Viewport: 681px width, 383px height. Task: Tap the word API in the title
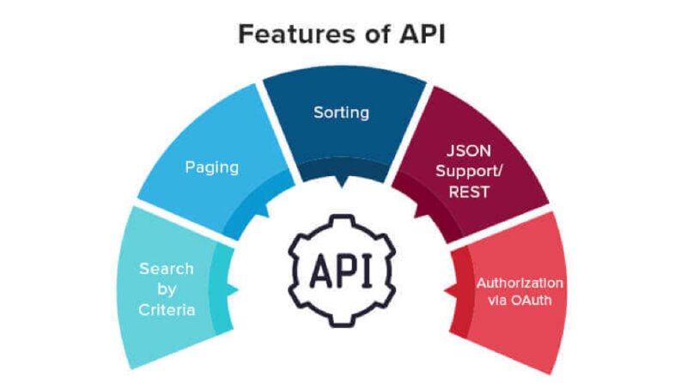coord(423,33)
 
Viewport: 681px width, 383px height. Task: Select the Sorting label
coord(342,112)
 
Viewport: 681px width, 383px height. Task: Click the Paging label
coord(212,167)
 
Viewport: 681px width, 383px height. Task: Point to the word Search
coord(167,269)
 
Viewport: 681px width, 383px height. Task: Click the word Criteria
coord(167,310)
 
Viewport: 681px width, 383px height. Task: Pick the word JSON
coord(469,150)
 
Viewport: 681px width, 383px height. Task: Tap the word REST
coord(469,191)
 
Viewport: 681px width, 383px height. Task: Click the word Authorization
coord(520,283)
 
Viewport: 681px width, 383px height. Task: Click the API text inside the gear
coord(342,271)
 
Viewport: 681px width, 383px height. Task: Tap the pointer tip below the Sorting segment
coord(342,187)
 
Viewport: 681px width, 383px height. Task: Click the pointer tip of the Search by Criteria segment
coord(239,289)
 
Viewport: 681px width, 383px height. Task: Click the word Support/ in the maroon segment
coord(469,171)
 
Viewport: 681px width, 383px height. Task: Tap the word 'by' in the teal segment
coord(167,289)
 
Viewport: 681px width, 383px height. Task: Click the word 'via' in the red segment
coord(496,300)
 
